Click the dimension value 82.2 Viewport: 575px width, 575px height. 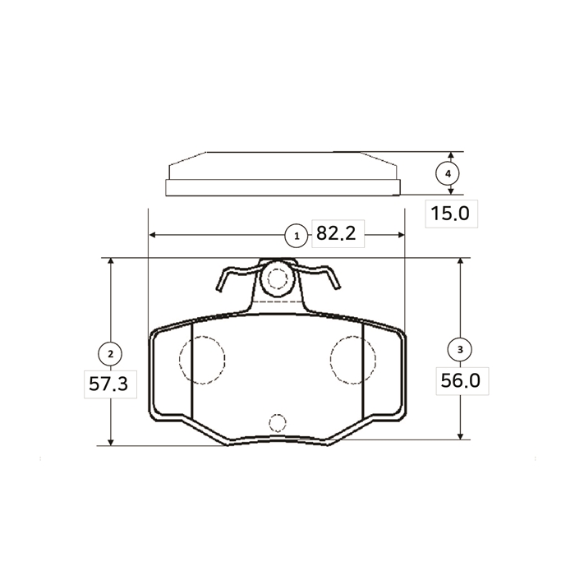336,233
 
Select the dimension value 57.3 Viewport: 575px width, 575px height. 108,384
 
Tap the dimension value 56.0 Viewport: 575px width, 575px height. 460,380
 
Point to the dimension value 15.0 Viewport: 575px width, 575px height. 450,214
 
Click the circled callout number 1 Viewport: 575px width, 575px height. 297,236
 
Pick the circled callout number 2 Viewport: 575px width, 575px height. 110,354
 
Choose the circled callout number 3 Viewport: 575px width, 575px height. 460,349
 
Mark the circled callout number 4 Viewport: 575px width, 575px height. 448,173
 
